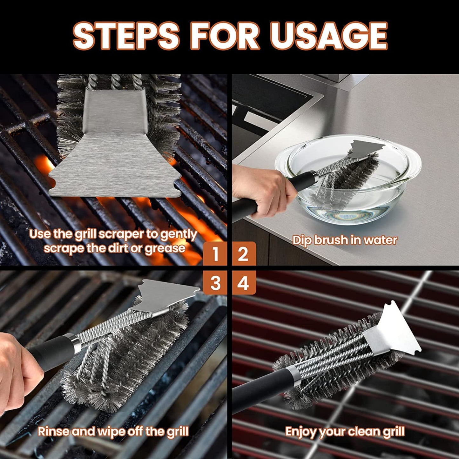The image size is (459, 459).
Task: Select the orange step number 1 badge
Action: [x=215, y=253]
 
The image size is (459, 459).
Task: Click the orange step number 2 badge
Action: [x=243, y=253]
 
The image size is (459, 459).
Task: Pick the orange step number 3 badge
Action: [x=215, y=283]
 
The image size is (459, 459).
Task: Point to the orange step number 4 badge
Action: [x=243, y=283]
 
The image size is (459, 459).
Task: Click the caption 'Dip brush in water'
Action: [x=345, y=240]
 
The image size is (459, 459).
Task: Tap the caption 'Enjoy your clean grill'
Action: [x=345, y=432]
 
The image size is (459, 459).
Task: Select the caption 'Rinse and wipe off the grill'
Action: [x=113, y=432]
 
